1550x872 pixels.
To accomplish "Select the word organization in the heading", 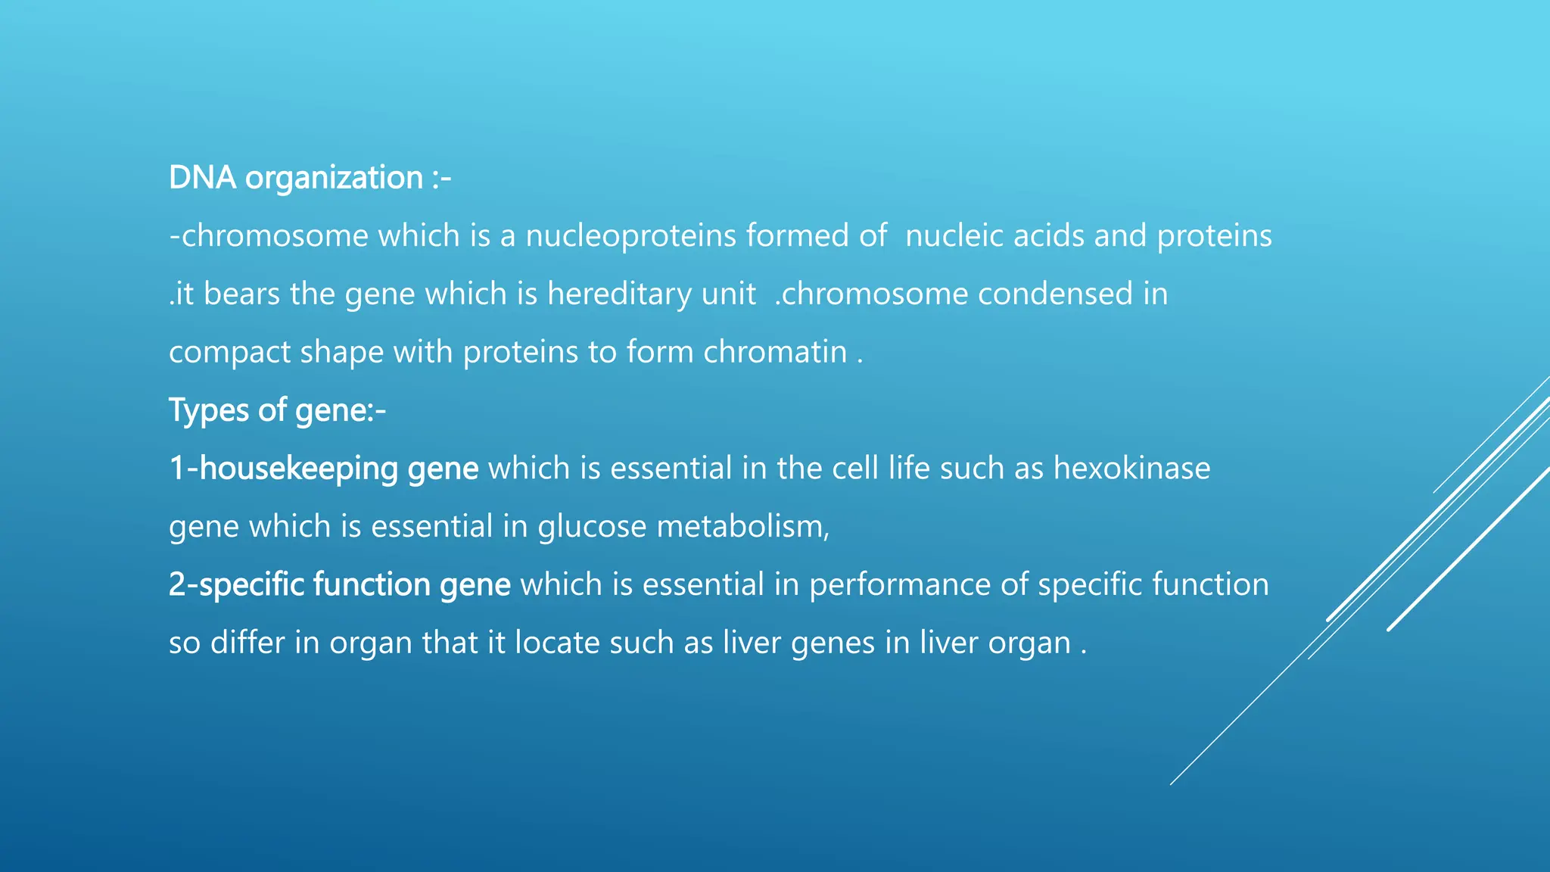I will (x=334, y=179).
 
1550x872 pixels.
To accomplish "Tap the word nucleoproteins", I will (x=630, y=236).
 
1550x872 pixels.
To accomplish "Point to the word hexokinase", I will (x=1131, y=469).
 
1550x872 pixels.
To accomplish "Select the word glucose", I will (x=592, y=527).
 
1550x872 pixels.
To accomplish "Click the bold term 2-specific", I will (x=236, y=585).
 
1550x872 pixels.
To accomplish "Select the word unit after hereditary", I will (x=728, y=294).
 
